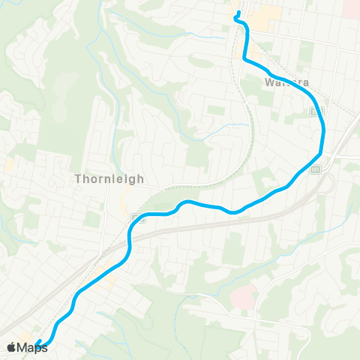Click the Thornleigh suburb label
109,179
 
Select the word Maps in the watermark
32,347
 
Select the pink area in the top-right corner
352,7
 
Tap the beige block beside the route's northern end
262,19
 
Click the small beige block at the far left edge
10,163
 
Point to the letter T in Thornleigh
79,179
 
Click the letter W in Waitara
268,82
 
